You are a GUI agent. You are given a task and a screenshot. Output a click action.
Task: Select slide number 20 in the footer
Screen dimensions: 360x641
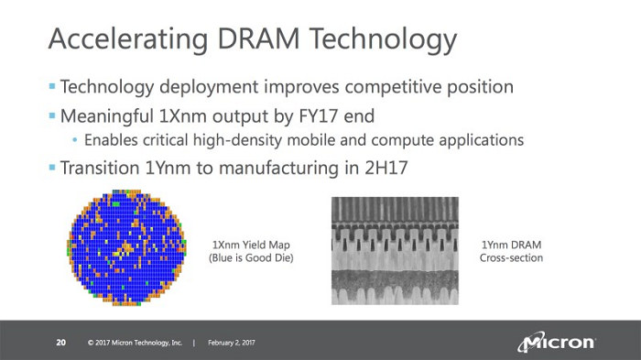(x=61, y=343)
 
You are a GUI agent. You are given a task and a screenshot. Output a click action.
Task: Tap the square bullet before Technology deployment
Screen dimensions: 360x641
(x=51, y=88)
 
